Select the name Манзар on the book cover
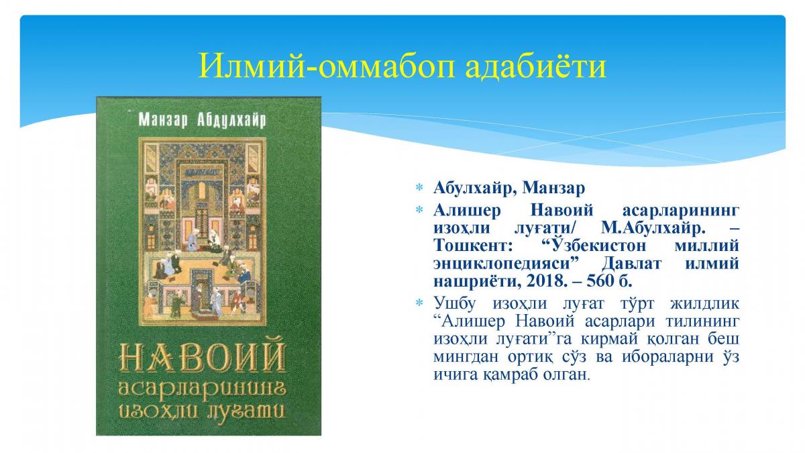[x=163, y=119]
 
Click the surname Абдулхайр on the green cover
[x=231, y=119]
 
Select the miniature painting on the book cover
[x=203, y=232]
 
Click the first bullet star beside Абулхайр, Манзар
[x=419, y=187]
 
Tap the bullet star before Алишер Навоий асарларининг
[x=419, y=209]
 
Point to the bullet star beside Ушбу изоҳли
[x=419, y=303]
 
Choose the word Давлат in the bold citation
[x=631, y=264]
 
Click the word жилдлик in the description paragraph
[x=705, y=303]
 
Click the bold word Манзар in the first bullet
[x=554, y=188]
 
